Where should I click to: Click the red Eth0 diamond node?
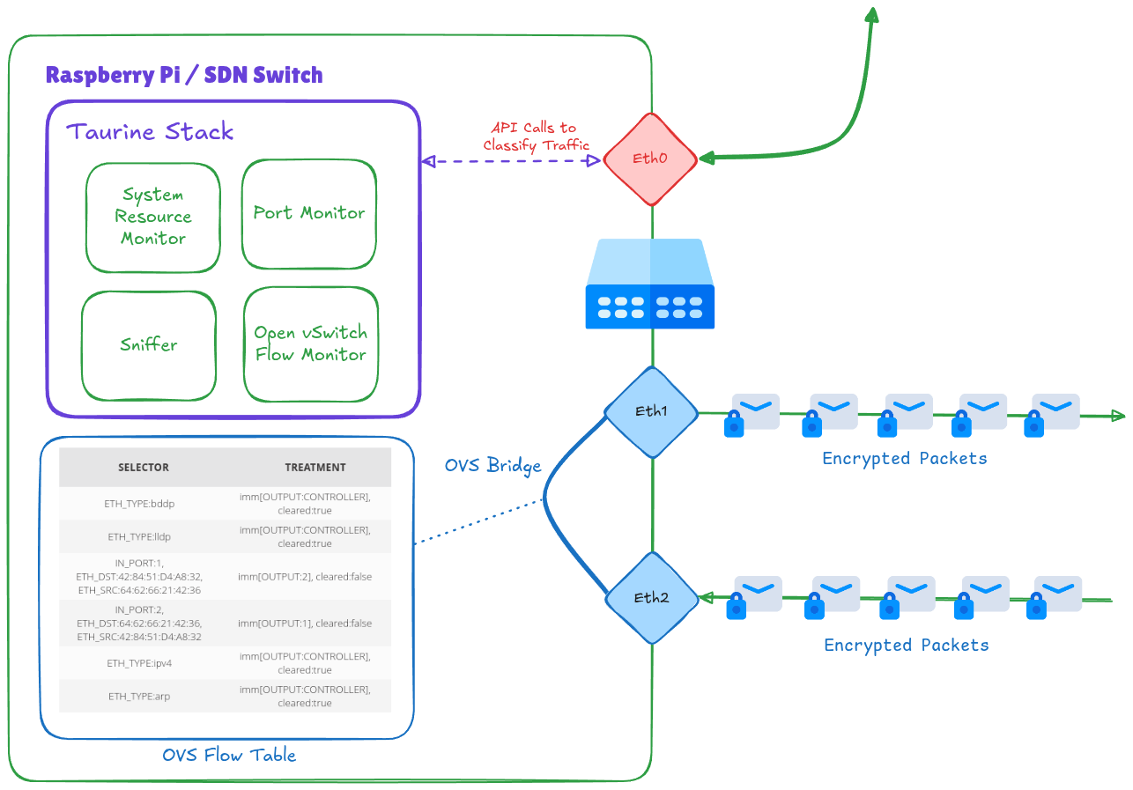click(x=650, y=159)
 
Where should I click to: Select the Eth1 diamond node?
click(x=651, y=411)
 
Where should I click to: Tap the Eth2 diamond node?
click(x=651, y=598)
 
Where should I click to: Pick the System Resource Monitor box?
click(x=153, y=217)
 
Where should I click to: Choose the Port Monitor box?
click(x=308, y=213)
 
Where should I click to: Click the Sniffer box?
click(x=149, y=345)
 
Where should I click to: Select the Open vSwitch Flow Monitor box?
click(x=310, y=343)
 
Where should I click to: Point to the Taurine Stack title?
click(x=151, y=132)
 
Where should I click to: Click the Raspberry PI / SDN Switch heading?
click(x=184, y=75)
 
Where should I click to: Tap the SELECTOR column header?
click(x=144, y=468)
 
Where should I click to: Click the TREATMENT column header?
click(x=315, y=468)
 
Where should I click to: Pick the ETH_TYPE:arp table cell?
click(x=140, y=696)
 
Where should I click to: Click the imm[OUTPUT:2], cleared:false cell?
click(x=305, y=577)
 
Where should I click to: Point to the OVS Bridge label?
click(x=492, y=466)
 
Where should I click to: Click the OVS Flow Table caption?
click(x=229, y=756)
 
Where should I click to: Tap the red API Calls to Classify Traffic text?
click(x=536, y=137)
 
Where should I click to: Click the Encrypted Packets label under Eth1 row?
click(x=904, y=458)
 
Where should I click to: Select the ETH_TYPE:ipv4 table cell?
click(x=140, y=663)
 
